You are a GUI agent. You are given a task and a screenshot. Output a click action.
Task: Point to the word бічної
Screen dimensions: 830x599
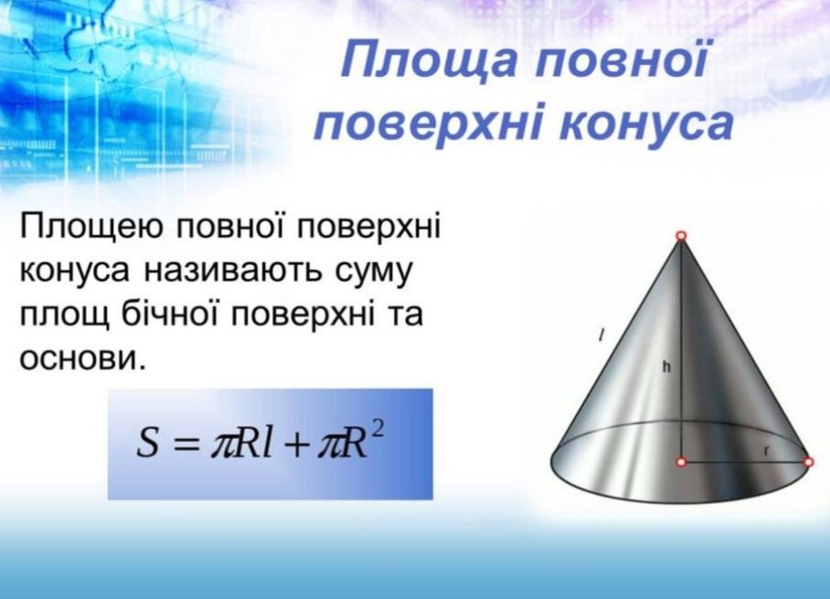coord(170,314)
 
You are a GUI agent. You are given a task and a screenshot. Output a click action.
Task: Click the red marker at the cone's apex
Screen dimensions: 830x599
coord(681,236)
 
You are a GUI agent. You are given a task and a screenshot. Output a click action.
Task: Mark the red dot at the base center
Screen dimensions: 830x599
coord(681,462)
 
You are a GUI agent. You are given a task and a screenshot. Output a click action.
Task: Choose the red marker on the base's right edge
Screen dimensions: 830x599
coord(808,462)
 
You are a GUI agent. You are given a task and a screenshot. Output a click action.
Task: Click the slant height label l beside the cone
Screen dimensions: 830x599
coord(601,335)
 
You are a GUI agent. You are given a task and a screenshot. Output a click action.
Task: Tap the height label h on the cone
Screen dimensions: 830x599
coord(666,366)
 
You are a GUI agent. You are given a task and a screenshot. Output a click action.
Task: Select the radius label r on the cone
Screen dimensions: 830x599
coord(766,451)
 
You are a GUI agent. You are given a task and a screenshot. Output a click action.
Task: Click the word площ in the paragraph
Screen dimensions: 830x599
coord(65,316)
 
